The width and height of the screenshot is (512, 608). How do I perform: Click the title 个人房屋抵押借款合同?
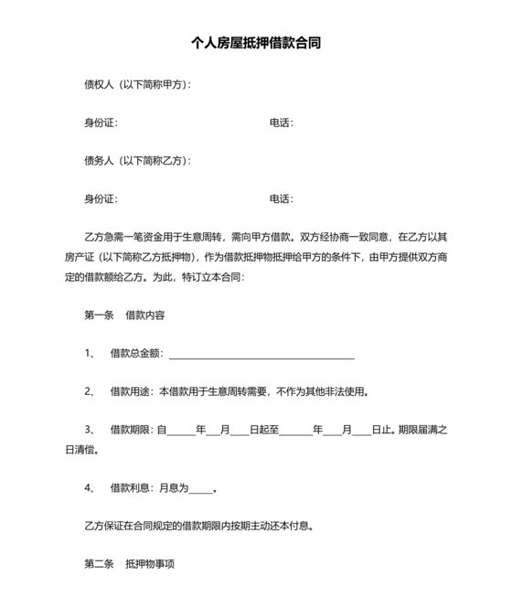256,43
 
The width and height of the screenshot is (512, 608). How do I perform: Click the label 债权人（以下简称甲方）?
137,85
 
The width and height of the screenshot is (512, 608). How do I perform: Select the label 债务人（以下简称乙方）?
137,161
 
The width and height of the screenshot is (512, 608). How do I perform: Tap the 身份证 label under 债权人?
101,123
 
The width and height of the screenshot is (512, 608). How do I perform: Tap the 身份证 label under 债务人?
101,198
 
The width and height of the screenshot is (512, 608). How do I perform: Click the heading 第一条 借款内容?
124,315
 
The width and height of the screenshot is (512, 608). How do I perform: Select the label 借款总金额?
135,354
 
